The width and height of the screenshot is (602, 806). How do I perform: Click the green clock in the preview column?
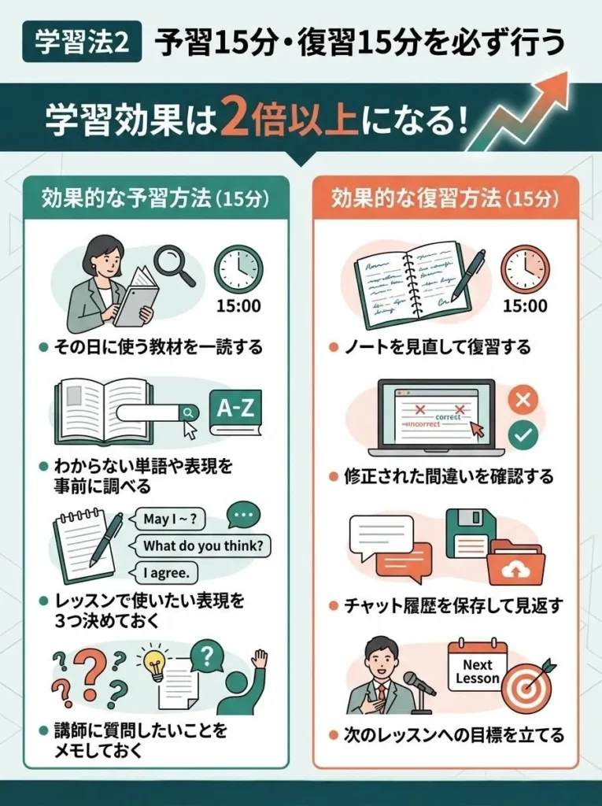coord(238,269)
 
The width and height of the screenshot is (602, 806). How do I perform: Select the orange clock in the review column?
coord(525,269)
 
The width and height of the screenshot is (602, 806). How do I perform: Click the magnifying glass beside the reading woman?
coord(174,263)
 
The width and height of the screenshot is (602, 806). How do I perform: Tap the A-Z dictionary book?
coord(235,411)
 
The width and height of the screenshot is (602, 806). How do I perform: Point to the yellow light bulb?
coord(155,664)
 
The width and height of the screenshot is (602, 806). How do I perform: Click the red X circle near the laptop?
coord(523,401)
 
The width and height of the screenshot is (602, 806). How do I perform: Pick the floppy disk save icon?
coord(470,532)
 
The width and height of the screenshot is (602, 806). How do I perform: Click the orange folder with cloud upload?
coord(515,565)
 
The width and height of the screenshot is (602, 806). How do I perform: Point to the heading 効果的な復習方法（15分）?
coord(446,198)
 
